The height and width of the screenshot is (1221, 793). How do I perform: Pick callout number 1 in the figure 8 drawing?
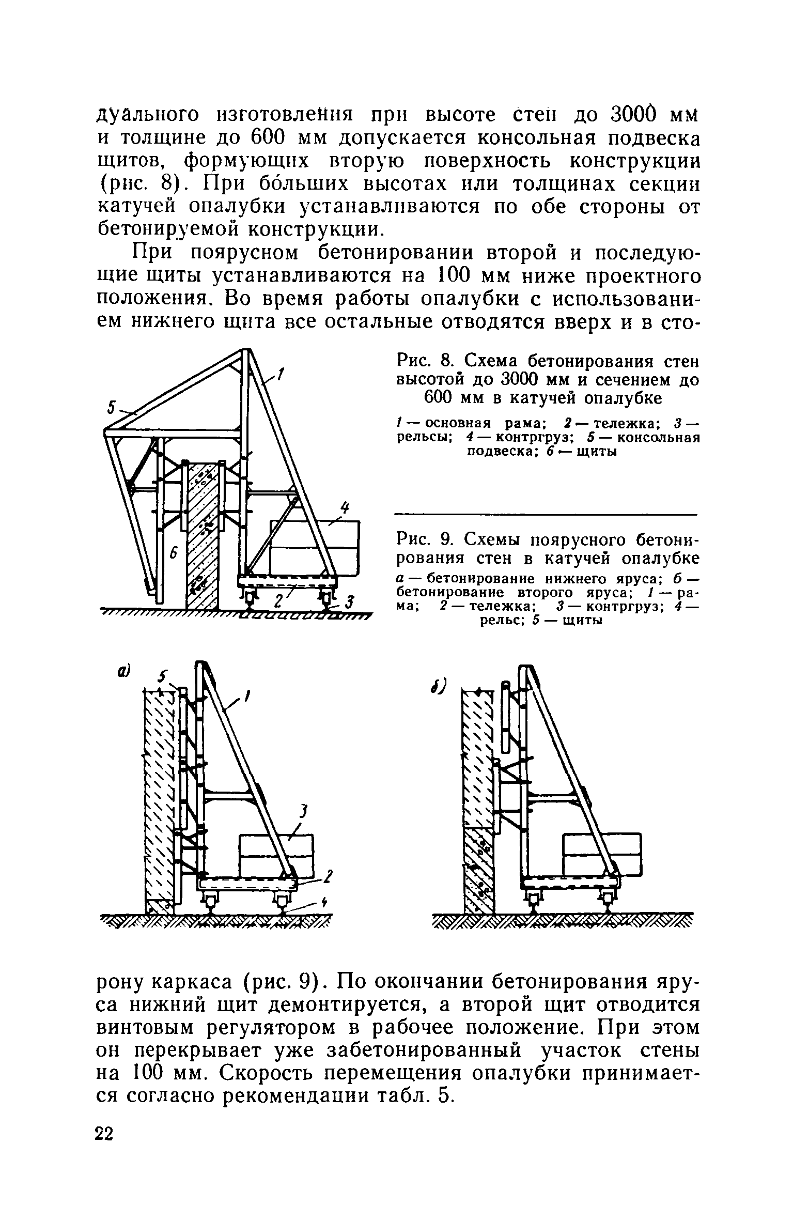(x=281, y=374)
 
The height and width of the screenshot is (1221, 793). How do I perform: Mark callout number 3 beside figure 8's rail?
(x=350, y=602)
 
